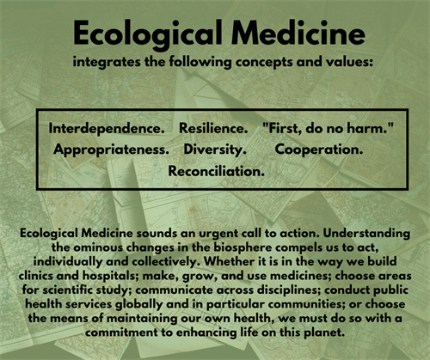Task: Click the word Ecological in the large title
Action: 148,34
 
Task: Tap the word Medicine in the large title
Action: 298,33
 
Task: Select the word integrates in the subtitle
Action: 107,62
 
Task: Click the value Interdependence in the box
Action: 107,128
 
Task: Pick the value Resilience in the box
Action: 213,128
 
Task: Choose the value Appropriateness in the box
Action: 111,149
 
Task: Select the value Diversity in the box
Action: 215,149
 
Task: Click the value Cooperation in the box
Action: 319,149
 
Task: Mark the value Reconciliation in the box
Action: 216,171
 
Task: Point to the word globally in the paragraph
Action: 138,304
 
